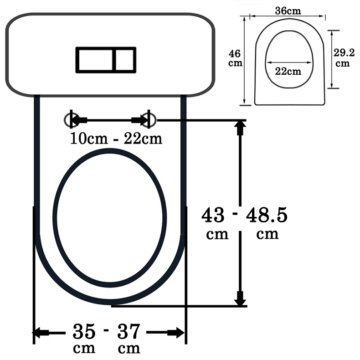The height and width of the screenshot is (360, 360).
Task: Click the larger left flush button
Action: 94,59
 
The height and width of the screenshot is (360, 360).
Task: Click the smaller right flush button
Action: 124,59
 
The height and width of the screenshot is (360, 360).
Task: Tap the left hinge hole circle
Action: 72,120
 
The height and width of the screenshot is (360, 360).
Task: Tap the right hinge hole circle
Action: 149,120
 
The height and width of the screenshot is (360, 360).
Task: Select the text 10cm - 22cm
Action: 116,139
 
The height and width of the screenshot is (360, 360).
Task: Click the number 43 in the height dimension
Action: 213,216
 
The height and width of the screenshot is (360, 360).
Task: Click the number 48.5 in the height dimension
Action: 267,216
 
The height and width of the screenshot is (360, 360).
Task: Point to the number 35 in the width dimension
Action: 84,331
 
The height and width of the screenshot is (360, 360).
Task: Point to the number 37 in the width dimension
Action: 129,331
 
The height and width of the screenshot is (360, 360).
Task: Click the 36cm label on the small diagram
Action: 287,10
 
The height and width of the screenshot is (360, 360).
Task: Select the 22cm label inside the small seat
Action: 289,71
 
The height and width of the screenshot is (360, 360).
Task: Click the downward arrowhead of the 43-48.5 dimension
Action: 240,299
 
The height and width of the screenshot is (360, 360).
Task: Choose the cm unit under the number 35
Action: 84,349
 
